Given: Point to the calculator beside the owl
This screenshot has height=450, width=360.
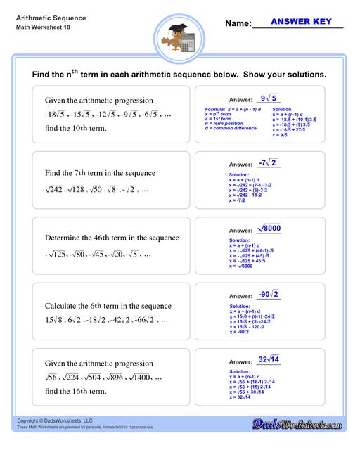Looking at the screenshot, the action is [x=188, y=41].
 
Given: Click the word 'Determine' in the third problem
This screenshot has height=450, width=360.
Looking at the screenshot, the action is [x=66, y=238].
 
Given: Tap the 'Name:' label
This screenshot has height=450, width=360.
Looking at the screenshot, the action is [x=238, y=23].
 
